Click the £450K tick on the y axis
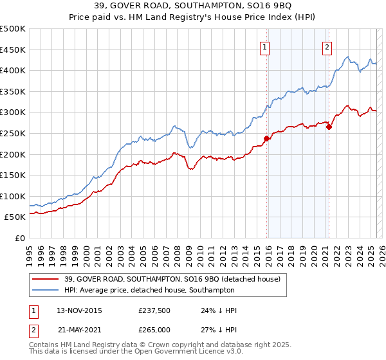point(14,50)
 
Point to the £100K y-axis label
point(14,196)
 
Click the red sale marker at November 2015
point(266,138)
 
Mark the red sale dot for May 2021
point(329,127)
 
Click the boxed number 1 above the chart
point(265,46)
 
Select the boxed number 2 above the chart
point(327,46)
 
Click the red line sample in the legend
point(45,280)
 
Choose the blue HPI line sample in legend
point(45,291)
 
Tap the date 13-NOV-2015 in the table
point(79,310)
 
